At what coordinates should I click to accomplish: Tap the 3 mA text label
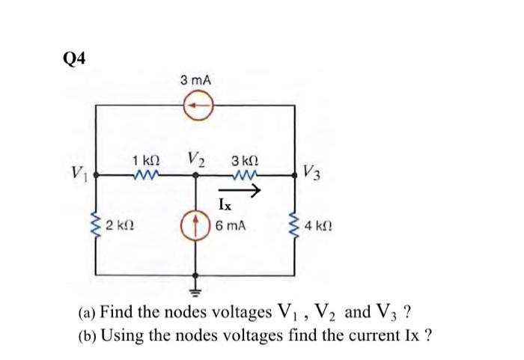point(195,80)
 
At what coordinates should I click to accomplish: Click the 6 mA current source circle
point(197,224)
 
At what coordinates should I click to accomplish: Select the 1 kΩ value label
point(144,160)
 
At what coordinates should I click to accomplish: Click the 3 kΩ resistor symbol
point(245,177)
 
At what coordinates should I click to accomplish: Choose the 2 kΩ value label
point(121,225)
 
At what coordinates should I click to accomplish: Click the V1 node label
point(81,177)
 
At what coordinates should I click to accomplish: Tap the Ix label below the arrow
point(225,204)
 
